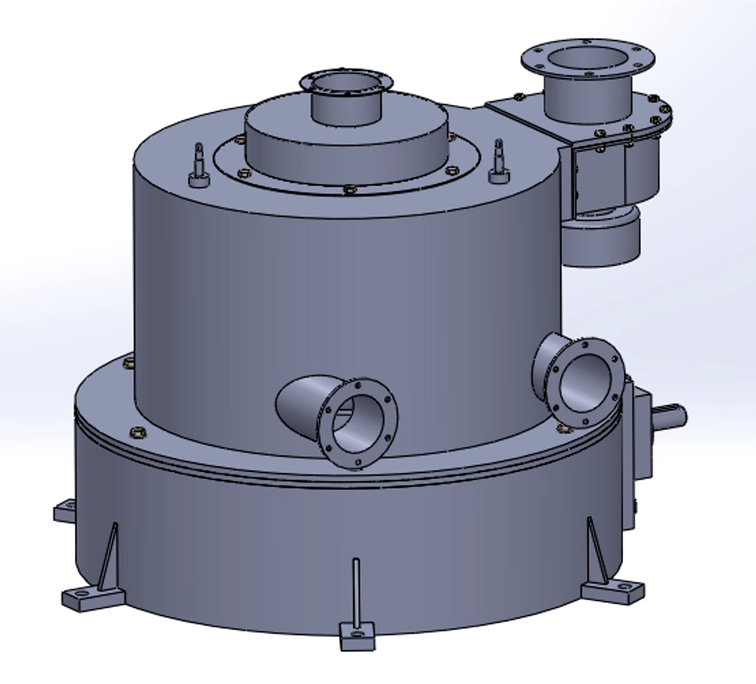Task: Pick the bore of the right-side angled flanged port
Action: [588, 383]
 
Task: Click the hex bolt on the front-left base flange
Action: [136, 433]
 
